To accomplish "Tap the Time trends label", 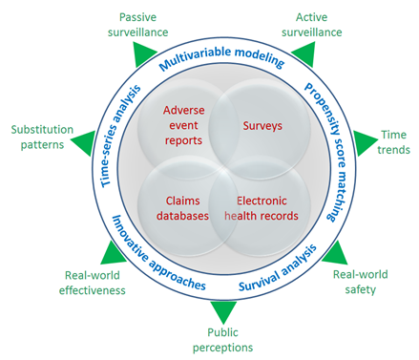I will point(394,142).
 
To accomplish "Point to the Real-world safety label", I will point(361,282).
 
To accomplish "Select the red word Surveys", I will point(262,124).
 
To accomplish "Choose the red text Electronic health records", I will point(261,208).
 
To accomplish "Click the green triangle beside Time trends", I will point(366,143).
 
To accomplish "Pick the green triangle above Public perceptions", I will point(223,311).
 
